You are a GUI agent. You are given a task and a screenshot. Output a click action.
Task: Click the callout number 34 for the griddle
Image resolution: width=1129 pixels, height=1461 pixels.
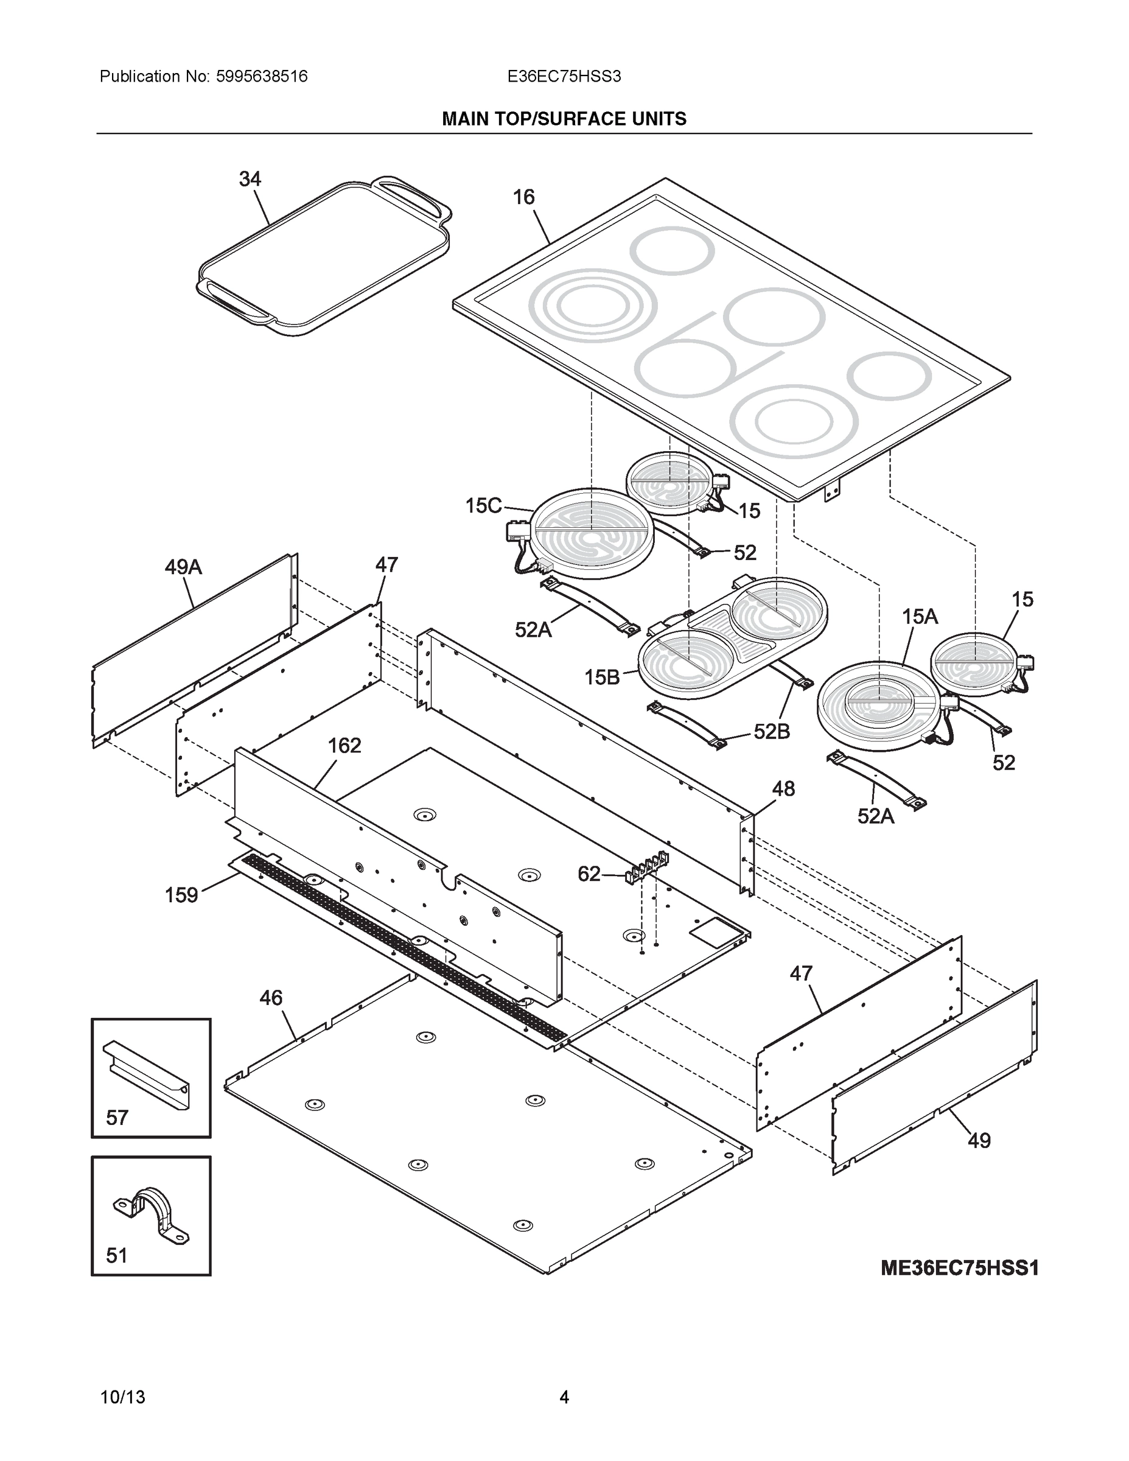click(250, 180)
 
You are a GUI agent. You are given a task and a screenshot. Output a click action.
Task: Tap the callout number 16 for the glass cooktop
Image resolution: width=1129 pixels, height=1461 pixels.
click(523, 197)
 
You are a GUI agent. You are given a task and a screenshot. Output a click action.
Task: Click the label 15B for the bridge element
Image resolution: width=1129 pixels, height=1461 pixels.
click(602, 677)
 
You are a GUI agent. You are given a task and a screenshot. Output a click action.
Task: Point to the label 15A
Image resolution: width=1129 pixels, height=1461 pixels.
click(920, 617)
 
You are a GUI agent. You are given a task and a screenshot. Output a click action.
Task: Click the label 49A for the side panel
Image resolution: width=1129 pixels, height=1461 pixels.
click(183, 567)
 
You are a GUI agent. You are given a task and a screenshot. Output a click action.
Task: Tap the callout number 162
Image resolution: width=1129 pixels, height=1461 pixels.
click(344, 745)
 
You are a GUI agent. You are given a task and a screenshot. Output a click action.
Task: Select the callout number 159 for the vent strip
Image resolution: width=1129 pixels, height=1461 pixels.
click(181, 895)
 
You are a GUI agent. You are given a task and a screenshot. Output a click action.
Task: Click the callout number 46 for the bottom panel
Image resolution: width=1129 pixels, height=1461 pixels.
click(271, 998)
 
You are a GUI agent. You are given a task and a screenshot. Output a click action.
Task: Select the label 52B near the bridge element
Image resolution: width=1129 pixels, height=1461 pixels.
click(772, 732)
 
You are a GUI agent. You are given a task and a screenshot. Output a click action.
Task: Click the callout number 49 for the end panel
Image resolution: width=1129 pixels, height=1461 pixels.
click(979, 1141)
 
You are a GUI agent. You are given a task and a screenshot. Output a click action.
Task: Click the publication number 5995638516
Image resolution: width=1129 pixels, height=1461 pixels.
click(262, 77)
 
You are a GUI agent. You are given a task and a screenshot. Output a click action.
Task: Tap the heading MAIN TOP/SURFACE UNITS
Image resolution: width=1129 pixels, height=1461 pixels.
click(564, 119)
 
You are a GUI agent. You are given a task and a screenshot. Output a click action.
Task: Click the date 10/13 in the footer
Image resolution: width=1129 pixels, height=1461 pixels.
click(122, 1398)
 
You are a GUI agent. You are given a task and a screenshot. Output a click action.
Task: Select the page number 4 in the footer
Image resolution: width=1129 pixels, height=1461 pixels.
click(564, 1398)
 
